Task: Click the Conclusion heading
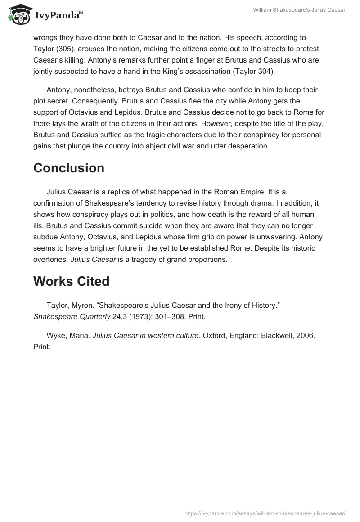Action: click(x=69, y=168)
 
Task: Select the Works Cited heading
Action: click(x=72, y=281)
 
